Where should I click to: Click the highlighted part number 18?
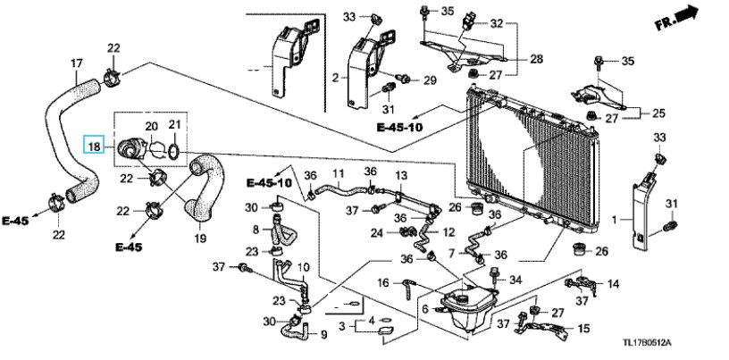coord(95,147)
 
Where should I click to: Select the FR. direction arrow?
coord(678,18)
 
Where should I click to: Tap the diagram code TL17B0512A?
coord(647,344)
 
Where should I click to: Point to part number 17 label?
coord(76,63)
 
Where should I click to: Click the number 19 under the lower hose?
coord(200,239)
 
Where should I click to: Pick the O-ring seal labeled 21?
coord(174,151)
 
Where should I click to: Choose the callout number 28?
coord(536,59)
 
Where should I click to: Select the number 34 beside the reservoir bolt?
coord(515,280)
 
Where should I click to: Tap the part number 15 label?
coord(583,329)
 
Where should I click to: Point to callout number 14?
coord(613,283)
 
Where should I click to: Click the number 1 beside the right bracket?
coord(614,219)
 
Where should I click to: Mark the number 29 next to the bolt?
coord(430,80)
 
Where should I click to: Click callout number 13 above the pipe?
coord(401,176)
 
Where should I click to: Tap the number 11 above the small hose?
coord(338,174)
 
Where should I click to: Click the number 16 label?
coord(382,282)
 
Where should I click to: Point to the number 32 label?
coord(497,23)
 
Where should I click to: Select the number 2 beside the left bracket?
coord(336,78)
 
